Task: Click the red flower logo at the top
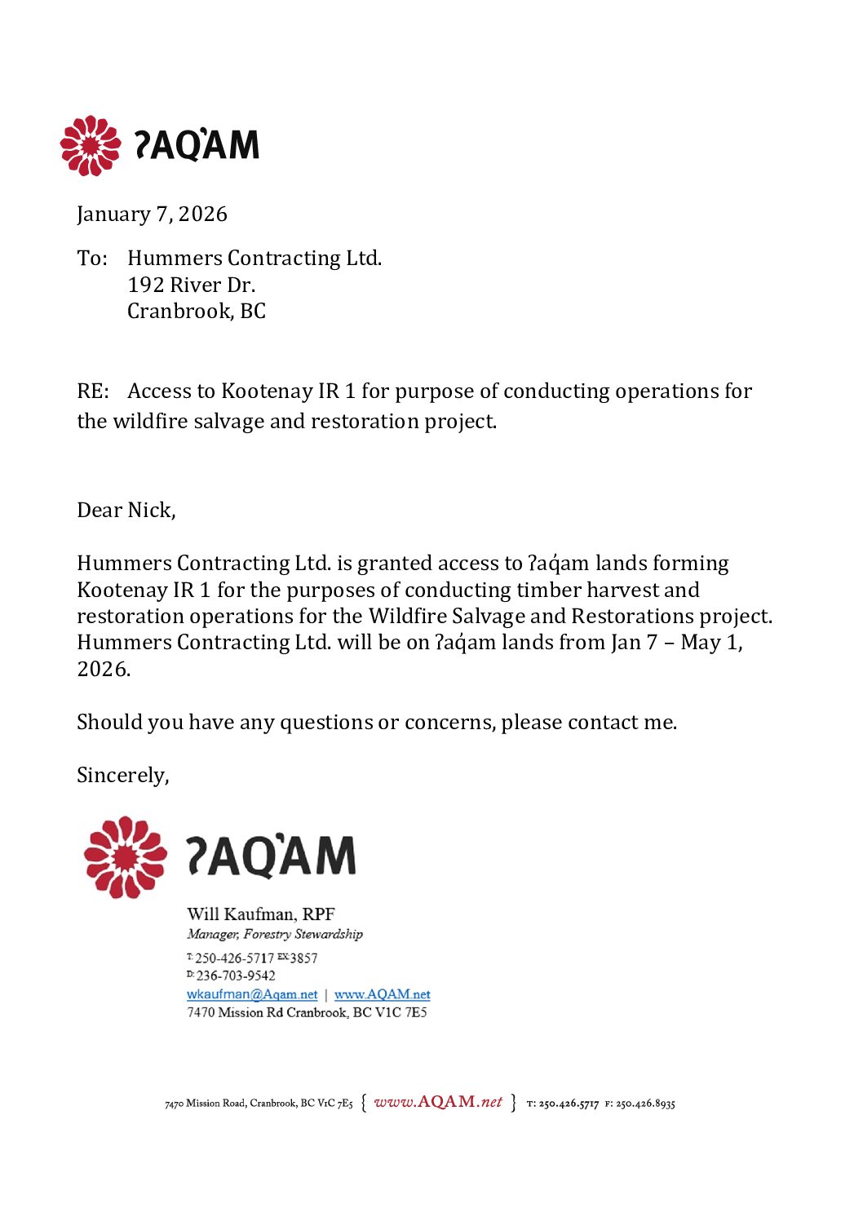[x=90, y=146]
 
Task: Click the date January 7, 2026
[x=152, y=215]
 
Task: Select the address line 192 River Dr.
[x=191, y=285]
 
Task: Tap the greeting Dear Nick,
[x=126, y=511]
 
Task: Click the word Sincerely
[x=122, y=775]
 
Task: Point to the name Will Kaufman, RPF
[x=260, y=914]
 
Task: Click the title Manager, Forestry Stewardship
[x=274, y=935]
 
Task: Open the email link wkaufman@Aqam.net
[x=252, y=994]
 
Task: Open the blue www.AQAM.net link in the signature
[x=382, y=994]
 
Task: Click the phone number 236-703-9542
[x=236, y=975]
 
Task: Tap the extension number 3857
[x=303, y=958]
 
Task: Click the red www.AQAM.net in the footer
[x=438, y=1103]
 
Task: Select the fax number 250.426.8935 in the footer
[x=645, y=1104]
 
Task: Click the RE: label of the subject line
[x=92, y=392]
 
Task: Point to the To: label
[x=91, y=259]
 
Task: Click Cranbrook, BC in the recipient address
[x=196, y=312]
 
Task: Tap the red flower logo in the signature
[x=125, y=857]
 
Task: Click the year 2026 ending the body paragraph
[x=103, y=670]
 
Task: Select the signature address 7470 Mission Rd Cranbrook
[x=307, y=1013]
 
